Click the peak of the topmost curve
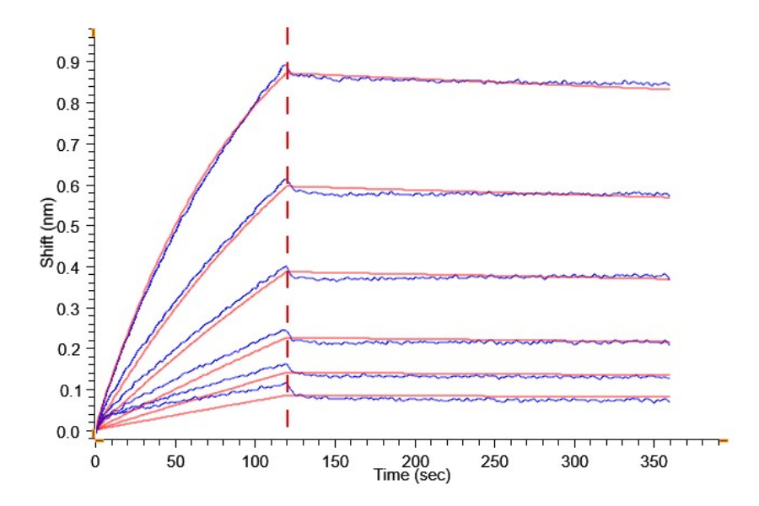tap(286, 64)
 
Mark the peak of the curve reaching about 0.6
tap(286, 179)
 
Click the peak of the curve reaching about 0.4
tap(286, 267)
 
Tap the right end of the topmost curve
tap(669, 84)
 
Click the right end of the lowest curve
tap(669, 401)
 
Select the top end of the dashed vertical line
tap(288, 28)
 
